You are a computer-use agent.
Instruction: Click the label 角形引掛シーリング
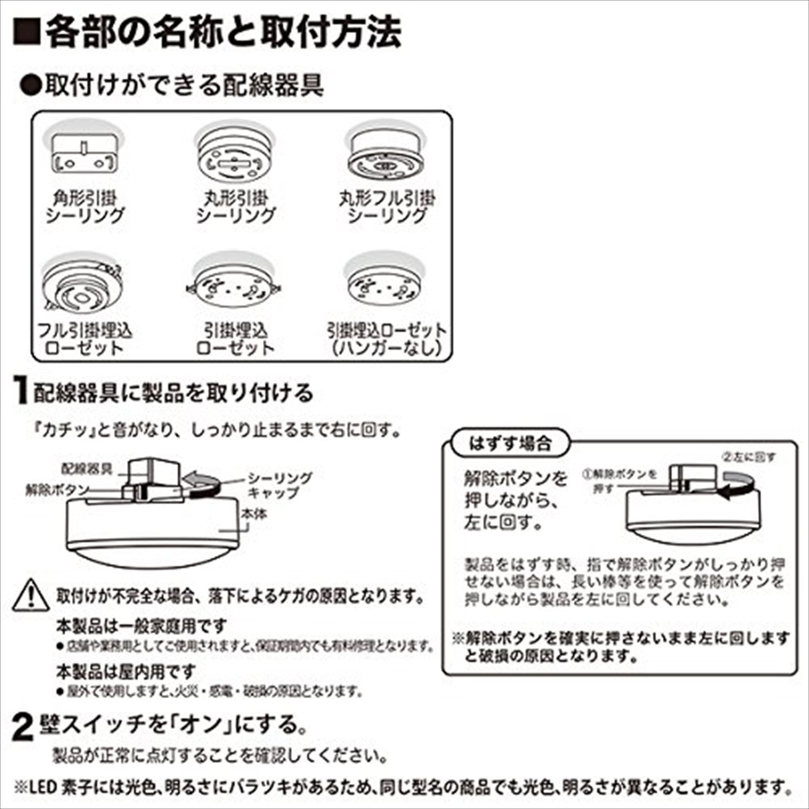(x=85, y=208)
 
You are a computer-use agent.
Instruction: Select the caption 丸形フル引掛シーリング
(x=387, y=208)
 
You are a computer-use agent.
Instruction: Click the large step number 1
(x=20, y=393)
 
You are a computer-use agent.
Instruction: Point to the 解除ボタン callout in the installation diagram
(x=57, y=490)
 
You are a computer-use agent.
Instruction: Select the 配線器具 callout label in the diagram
(x=87, y=468)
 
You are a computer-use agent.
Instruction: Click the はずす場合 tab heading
(x=510, y=444)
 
